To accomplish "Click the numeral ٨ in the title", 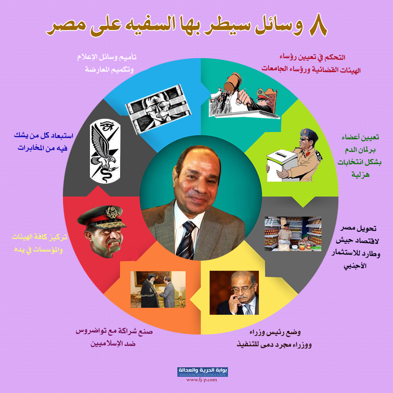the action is point(318,25).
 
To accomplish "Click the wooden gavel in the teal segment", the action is point(232,83).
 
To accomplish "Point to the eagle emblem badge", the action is point(105,151).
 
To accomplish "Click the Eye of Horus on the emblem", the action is point(107,125).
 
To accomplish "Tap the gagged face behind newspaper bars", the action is point(158,109).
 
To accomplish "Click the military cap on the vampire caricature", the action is point(101,216).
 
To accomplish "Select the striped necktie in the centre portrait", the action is point(187,240).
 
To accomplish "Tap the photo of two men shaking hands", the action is point(158,289).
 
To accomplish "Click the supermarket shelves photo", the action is point(293,234).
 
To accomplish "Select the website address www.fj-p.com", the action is point(201,380).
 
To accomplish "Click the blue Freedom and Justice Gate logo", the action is point(203,372).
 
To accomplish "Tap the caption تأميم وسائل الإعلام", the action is point(107,57).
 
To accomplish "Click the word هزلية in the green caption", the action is point(360,174).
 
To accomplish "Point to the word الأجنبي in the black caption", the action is point(355,265).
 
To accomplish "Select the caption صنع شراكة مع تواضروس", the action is point(114,331).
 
